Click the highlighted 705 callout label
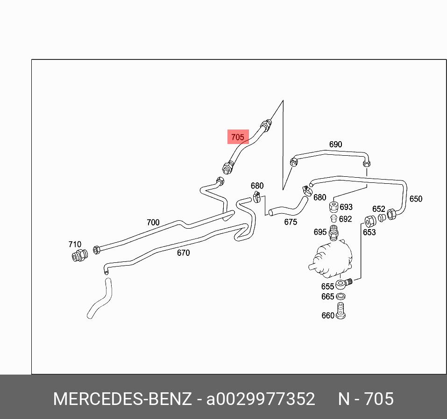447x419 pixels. (238, 137)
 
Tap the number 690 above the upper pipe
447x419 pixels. (335, 144)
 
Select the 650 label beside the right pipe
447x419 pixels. (415, 199)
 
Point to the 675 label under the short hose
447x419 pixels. (291, 222)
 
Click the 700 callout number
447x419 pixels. (153, 223)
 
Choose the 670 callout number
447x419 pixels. (183, 253)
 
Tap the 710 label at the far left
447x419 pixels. (75, 244)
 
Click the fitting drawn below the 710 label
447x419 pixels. (80, 256)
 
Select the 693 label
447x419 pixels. (346, 207)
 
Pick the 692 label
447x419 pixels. (345, 219)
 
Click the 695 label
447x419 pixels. (320, 232)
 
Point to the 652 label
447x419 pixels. (378, 209)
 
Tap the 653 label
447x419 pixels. (369, 232)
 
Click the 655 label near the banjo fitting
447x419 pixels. (327, 286)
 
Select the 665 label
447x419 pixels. (327, 296)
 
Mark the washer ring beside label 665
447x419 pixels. (341, 296)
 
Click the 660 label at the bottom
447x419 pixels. (327, 316)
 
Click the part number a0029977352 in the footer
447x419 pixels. (261, 399)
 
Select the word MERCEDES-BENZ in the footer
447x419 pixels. (122, 399)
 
